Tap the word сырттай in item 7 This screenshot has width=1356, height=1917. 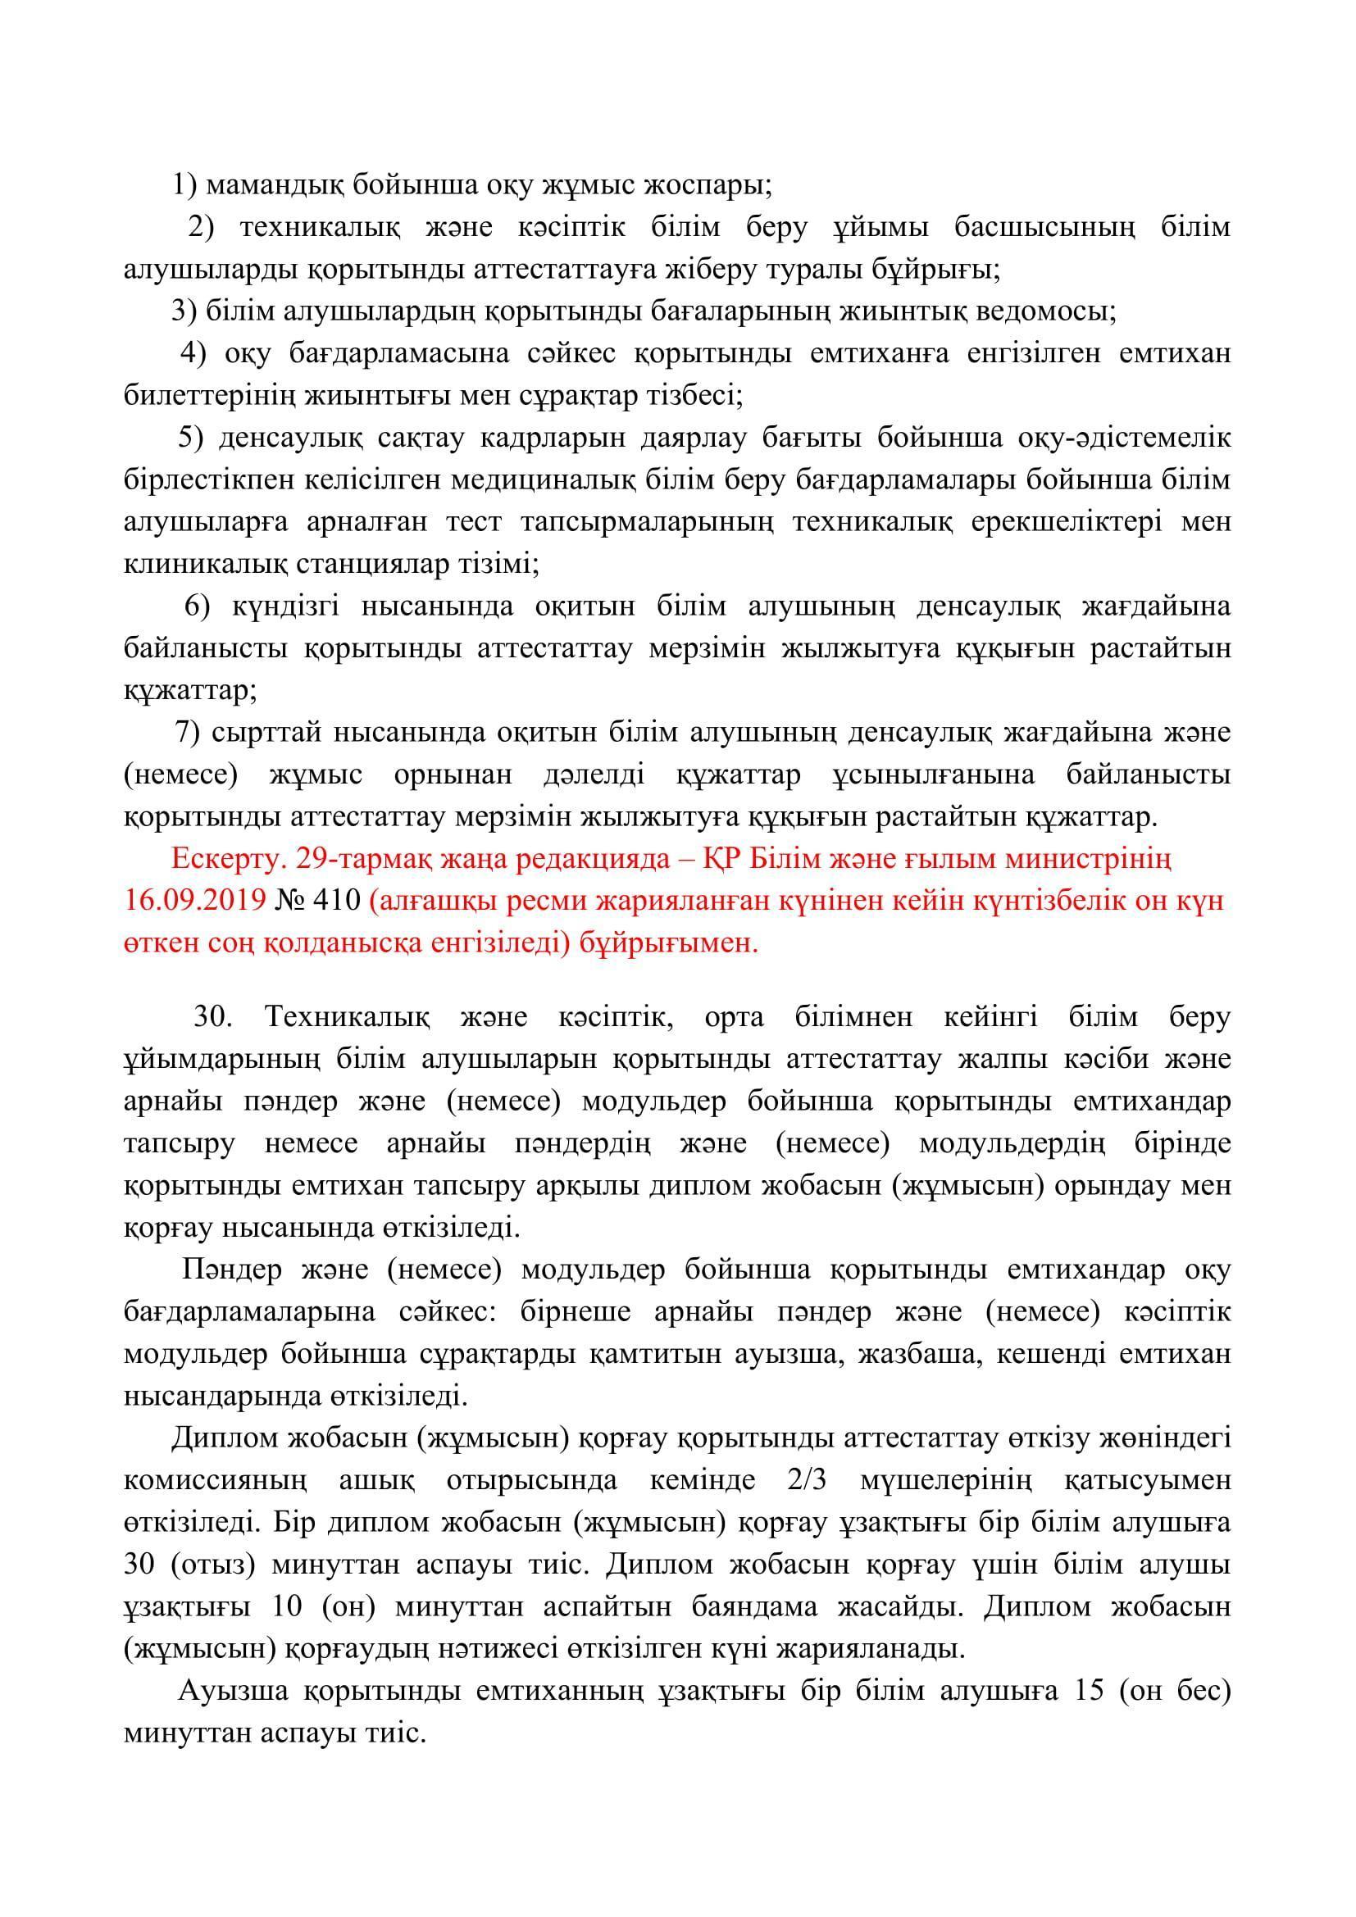[267, 733]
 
